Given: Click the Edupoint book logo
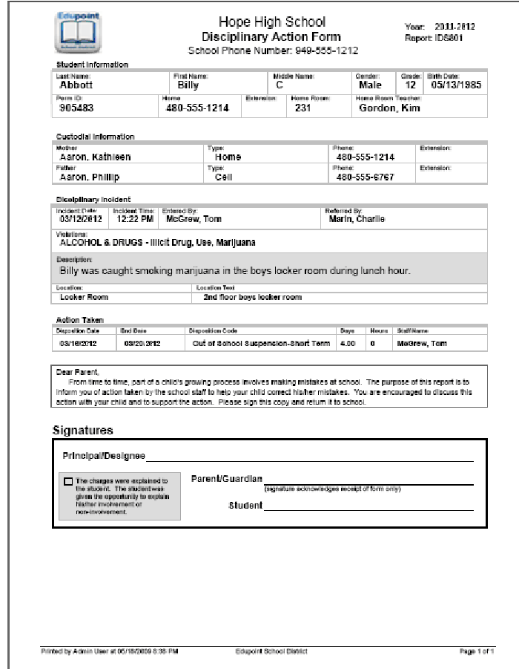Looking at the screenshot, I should (x=78, y=31).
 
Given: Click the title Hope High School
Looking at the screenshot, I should (x=272, y=22).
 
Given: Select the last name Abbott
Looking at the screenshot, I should (x=77, y=85).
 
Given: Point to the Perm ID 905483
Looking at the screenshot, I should (x=76, y=108).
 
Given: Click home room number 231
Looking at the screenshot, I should (x=303, y=108).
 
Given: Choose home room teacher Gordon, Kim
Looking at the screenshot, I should (x=389, y=108).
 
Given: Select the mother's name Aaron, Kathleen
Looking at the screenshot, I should (x=95, y=157).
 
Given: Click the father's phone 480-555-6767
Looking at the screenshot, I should (x=365, y=177).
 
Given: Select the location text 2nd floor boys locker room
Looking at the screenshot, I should (x=253, y=297).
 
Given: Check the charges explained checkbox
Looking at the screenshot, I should (x=68, y=481).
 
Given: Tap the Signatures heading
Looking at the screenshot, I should (x=83, y=430).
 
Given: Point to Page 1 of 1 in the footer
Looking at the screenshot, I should (x=476, y=651).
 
